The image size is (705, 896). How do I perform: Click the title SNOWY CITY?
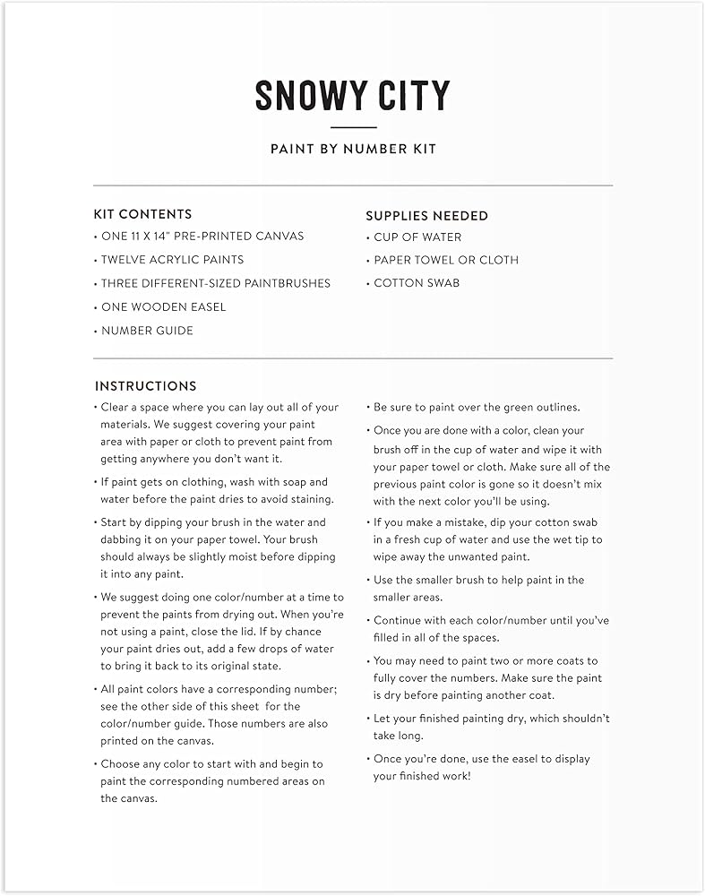point(352,96)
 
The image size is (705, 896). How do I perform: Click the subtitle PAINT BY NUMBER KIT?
point(353,149)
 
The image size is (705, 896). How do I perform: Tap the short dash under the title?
point(353,127)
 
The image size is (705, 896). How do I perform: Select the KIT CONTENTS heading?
point(142,214)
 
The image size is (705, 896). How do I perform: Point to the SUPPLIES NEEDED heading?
point(426,216)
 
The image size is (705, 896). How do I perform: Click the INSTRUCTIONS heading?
point(145,386)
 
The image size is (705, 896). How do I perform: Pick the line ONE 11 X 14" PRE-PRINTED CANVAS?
point(202,237)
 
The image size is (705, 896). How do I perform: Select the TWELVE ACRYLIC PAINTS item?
point(172,260)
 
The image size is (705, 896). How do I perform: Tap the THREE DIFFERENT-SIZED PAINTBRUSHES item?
point(215,283)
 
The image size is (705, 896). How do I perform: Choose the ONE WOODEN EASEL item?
point(163,306)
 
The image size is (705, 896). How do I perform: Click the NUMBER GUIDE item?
point(146,331)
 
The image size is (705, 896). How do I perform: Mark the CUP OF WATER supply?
point(417,237)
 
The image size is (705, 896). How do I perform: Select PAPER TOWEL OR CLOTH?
point(445,260)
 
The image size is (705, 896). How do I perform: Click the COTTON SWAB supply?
point(417,283)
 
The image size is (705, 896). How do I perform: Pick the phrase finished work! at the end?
point(435,776)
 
